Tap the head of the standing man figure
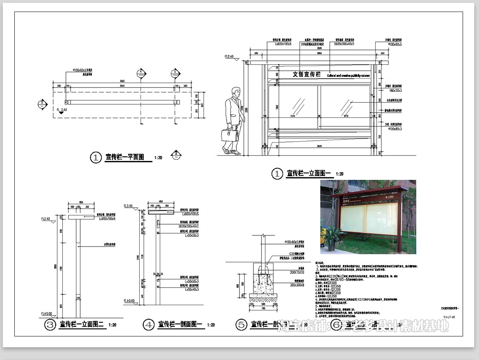(x=236, y=92)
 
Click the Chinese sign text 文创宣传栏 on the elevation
(x=307, y=74)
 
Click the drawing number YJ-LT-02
(x=449, y=316)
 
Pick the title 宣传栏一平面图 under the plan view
(x=125, y=157)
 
